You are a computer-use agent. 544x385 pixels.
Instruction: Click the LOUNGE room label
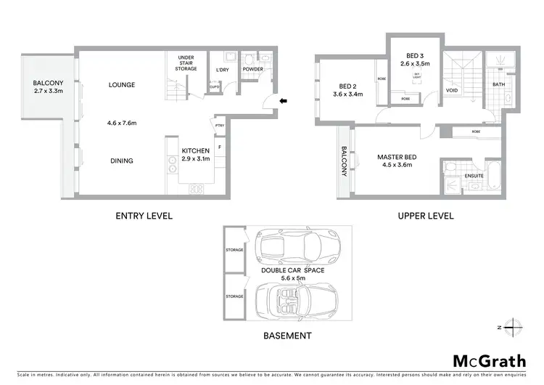pos(122,85)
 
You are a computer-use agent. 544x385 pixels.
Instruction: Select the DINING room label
pos(122,161)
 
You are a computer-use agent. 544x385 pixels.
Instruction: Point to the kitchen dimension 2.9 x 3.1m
pos(195,158)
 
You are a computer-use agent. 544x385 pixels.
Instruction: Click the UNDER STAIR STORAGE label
pos(185,62)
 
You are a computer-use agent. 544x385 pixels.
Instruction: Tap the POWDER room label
pos(253,70)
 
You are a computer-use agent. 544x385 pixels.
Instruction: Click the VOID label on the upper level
pos(452,91)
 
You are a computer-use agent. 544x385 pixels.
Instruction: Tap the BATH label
pos(498,84)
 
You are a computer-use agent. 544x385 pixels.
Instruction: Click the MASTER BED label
pos(395,157)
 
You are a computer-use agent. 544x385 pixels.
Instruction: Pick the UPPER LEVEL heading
pos(425,216)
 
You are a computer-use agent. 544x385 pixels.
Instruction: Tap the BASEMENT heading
pos(288,336)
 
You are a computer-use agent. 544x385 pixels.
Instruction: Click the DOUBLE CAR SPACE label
pos(288,269)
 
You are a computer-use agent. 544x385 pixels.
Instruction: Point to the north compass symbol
pos(513,326)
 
